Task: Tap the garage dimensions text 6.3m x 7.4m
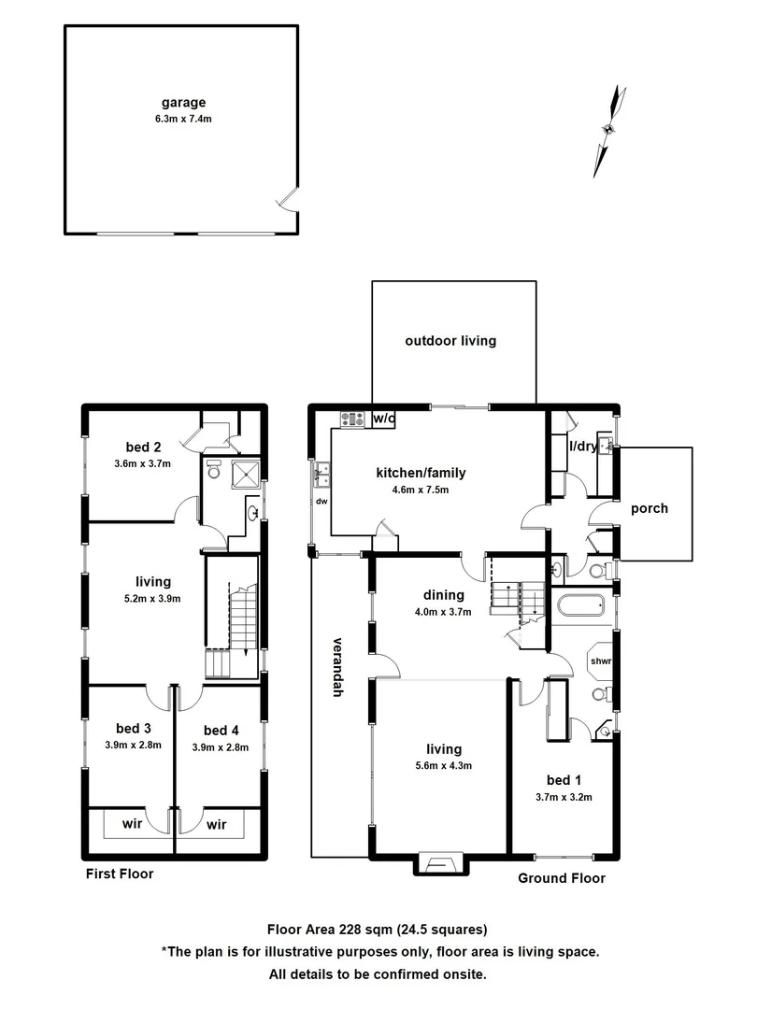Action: [x=181, y=120]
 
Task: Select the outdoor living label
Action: [x=450, y=341]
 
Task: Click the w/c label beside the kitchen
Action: [x=383, y=419]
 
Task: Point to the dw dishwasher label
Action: [x=321, y=501]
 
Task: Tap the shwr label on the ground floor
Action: [x=600, y=661]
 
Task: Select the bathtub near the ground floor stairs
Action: [x=581, y=608]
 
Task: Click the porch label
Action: [x=650, y=508]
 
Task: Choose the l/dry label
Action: [x=583, y=447]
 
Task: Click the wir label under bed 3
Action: [x=132, y=825]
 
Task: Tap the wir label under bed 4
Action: [x=217, y=825]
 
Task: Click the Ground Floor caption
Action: [x=562, y=878]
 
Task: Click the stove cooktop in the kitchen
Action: [x=353, y=419]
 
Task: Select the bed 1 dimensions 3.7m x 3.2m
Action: [x=563, y=797]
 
